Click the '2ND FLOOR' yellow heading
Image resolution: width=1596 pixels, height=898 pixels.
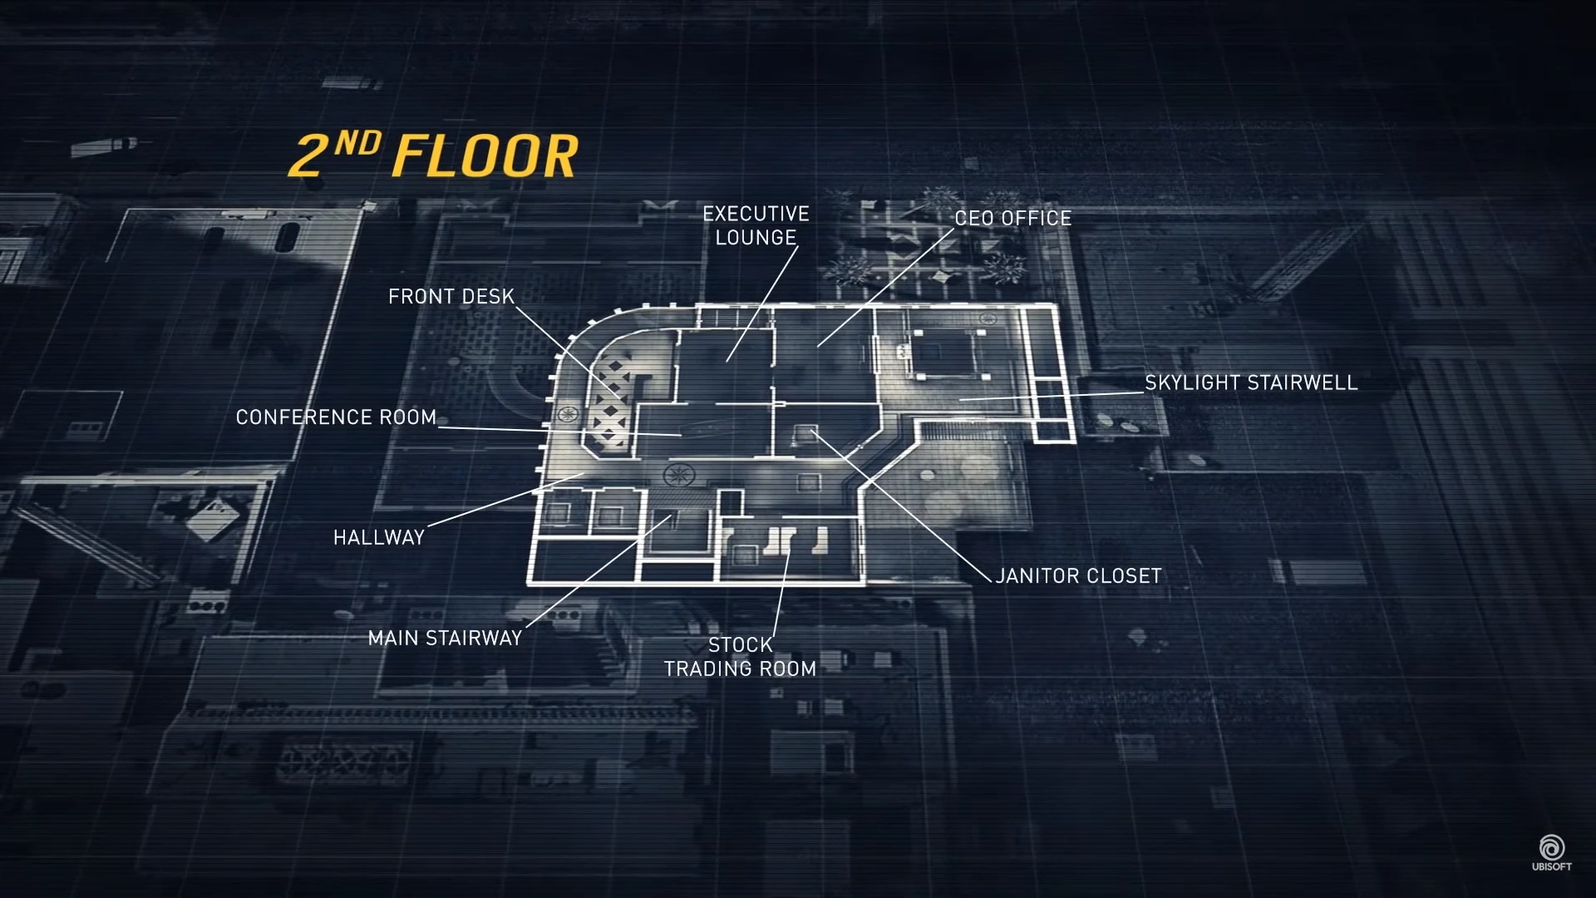point(432,155)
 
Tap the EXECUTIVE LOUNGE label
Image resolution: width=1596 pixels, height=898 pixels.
point(756,225)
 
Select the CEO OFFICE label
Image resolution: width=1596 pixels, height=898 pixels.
point(1012,218)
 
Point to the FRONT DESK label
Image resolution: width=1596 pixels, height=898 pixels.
point(451,296)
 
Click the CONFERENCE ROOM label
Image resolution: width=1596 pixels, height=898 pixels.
point(336,417)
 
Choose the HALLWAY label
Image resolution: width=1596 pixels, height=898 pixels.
point(379,537)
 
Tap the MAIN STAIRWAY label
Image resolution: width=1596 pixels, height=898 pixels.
point(445,638)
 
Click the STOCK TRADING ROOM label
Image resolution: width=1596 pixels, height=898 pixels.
point(740,656)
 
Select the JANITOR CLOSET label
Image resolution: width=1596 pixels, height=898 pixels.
point(1078,575)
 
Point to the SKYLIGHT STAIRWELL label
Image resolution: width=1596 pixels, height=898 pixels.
point(1251,382)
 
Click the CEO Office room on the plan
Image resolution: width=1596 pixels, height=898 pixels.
point(823,349)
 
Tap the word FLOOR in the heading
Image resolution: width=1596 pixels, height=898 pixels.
point(484,155)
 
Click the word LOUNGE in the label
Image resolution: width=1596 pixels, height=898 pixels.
point(756,238)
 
